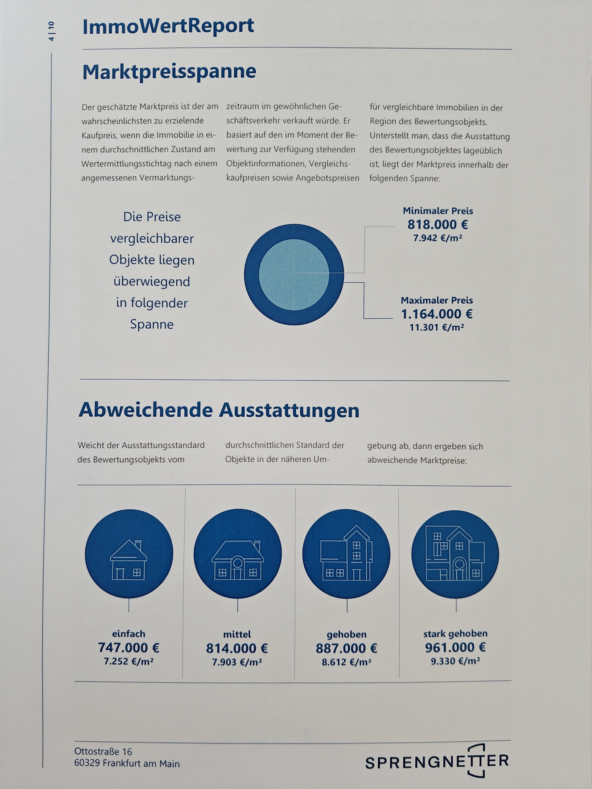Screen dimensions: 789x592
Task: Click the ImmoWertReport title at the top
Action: (168, 27)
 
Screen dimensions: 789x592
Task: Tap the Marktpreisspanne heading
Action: (169, 71)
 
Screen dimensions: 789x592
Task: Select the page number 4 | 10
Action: (51, 31)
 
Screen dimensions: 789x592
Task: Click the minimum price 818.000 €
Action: (438, 225)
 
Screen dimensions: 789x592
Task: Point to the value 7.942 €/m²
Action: (438, 238)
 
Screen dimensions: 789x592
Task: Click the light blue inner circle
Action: (294, 275)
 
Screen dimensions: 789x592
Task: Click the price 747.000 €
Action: (129, 648)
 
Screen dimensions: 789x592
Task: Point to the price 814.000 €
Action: (237, 648)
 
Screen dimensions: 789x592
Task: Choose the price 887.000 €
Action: (347, 648)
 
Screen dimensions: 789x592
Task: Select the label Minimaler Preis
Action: (438, 211)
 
